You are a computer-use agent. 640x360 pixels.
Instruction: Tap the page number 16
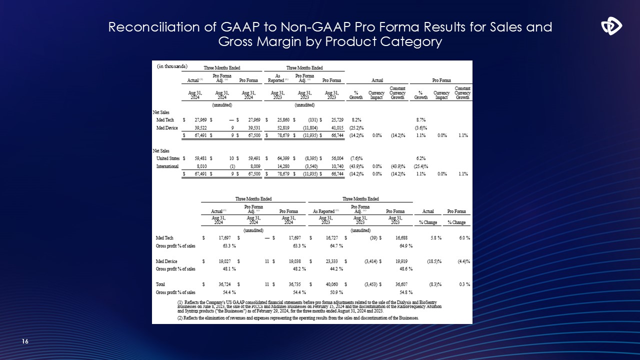pyautogui.click(x=25, y=341)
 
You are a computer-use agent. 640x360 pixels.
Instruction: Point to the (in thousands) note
pyautogui.click(x=172, y=66)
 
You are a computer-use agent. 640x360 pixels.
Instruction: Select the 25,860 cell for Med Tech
pyautogui.click(x=278, y=120)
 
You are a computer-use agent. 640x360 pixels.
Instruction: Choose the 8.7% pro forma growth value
pyautogui.click(x=421, y=120)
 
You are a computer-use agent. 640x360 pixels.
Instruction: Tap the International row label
pyautogui.click(x=167, y=166)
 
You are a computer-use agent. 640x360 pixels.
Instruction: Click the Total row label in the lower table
pyautogui.click(x=161, y=284)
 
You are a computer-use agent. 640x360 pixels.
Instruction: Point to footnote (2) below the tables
pyautogui.click(x=298, y=318)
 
